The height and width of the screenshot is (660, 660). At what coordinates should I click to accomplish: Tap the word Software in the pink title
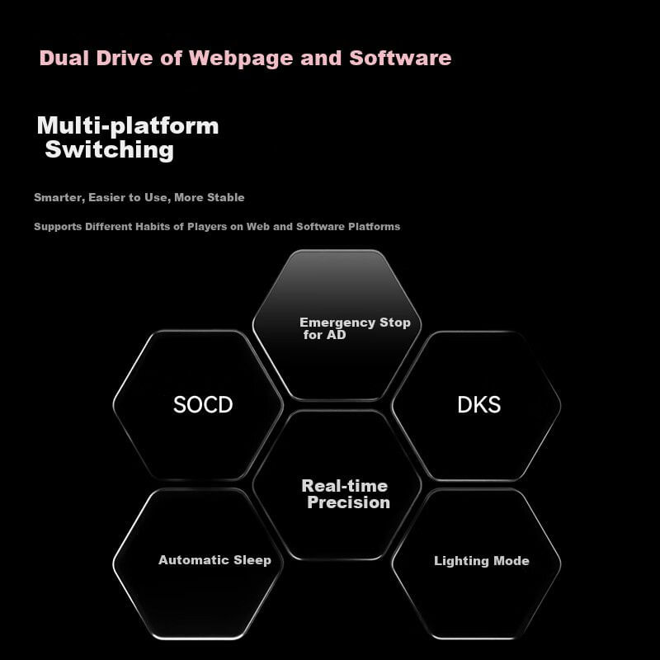tap(400, 59)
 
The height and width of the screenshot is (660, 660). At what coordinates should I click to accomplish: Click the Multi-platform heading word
tap(128, 125)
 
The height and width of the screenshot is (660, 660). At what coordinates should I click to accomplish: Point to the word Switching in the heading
tap(109, 150)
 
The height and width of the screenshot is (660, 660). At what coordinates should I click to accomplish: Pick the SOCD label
tap(203, 404)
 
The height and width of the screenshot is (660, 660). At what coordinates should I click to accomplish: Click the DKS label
tap(478, 404)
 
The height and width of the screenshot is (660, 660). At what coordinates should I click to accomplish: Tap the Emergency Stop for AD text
tap(355, 328)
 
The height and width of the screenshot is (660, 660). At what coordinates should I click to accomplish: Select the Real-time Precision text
tap(346, 493)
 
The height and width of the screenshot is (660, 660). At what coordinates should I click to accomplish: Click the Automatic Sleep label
tap(214, 559)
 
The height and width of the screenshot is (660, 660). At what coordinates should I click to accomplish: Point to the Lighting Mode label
tap(482, 561)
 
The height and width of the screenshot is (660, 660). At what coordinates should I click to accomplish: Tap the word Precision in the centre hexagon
tap(349, 502)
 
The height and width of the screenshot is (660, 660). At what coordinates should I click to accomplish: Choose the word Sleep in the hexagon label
tap(252, 559)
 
